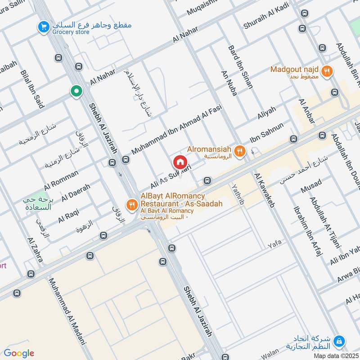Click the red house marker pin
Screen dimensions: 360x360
pos(180,162)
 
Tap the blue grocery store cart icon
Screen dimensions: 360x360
pos(44,27)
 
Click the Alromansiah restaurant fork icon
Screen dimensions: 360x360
pos(240,151)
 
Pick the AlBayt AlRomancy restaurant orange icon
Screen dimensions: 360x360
pos(132,204)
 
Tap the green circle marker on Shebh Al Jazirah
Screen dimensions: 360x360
pos(76,92)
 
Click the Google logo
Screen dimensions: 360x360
pos(19,353)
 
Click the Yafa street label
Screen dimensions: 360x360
pos(274,244)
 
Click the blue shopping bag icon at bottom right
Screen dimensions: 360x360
pos(341,341)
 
